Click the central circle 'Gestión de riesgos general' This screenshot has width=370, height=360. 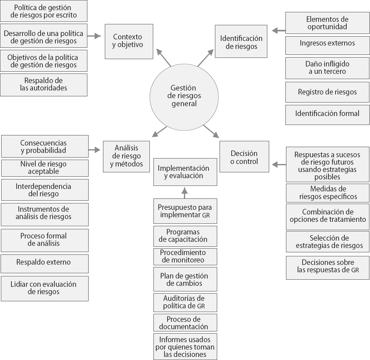coord(184,96)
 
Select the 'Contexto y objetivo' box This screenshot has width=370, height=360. coord(129,42)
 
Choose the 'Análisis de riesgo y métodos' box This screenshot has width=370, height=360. coord(126,156)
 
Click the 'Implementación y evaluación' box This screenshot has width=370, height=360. coord(185,172)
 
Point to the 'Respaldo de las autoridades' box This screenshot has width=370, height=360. coord(44,85)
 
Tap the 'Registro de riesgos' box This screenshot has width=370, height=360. coord(327,92)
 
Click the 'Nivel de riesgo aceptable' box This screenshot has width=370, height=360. coord(45,168)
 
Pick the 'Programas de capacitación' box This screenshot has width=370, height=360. coord(185,236)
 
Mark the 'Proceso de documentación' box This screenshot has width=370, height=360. coord(185,323)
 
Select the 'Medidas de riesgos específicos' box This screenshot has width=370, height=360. coord(328,193)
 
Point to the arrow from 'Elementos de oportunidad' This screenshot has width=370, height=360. coord(279,30)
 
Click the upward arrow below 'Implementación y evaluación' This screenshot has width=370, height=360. coord(185,193)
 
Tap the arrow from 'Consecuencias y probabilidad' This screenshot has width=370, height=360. coord(94,150)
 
